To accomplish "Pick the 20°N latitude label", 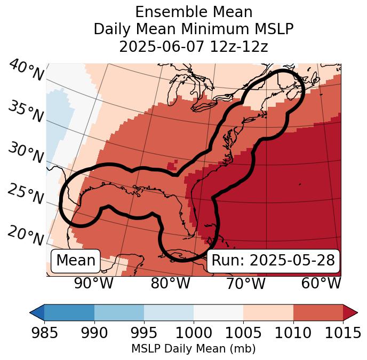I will [x=26, y=235].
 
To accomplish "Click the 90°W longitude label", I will [x=94, y=284].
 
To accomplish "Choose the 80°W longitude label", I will [x=170, y=284].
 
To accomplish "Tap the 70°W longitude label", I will [x=245, y=284].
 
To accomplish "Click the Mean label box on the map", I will [x=76, y=261].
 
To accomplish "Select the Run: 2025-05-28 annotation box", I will [x=273, y=261].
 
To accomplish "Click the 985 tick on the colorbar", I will [x=44, y=333].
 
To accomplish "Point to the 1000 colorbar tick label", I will [x=193, y=333].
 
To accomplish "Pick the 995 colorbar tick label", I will [x=143, y=333].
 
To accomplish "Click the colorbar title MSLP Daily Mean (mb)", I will [x=193, y=349].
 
